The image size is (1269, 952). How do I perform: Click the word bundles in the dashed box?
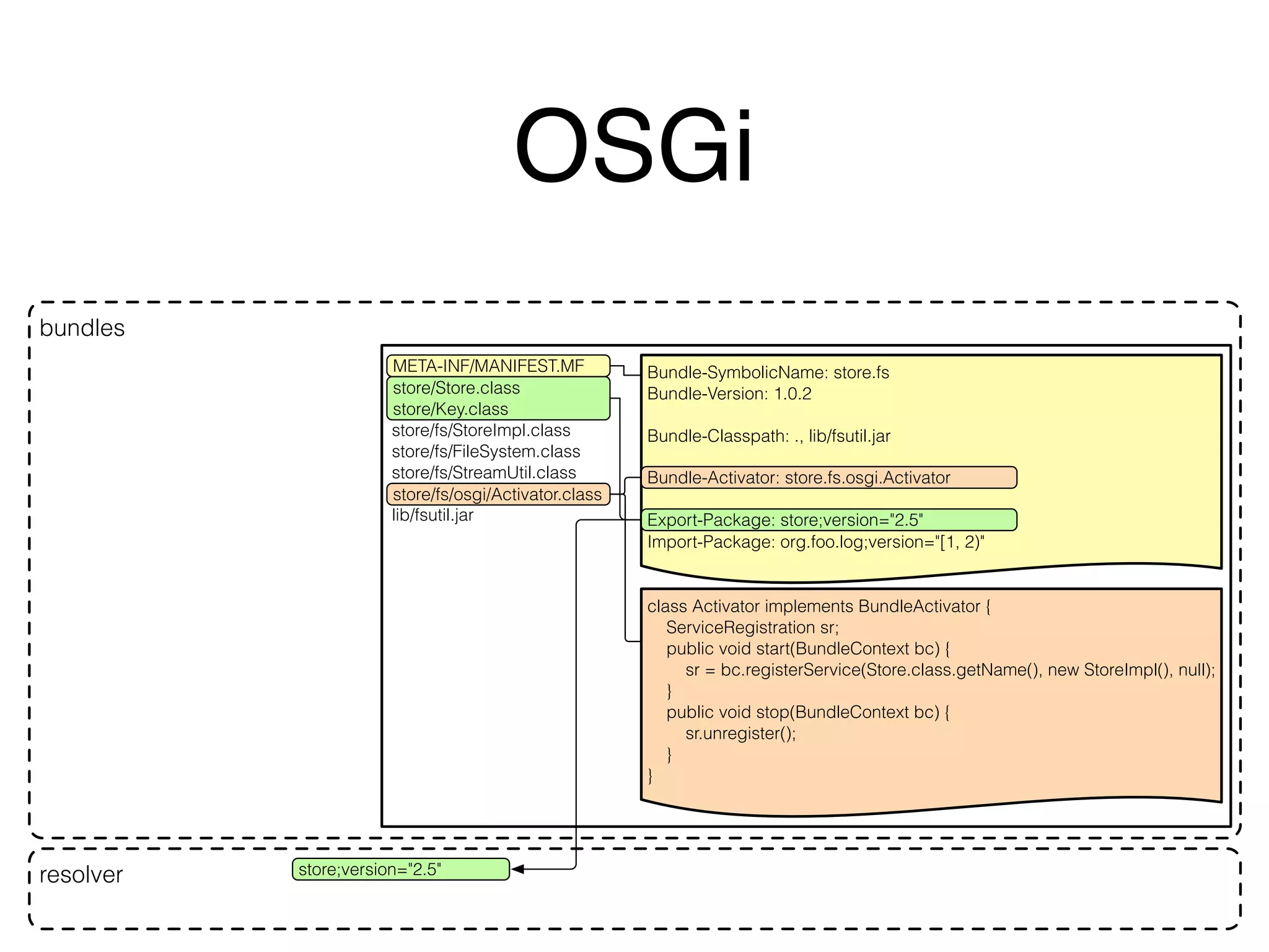pos(82,328)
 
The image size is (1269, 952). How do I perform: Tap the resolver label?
pos(81,875)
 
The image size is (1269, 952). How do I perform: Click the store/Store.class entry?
pos(456,388)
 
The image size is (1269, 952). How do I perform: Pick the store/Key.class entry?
pos(450,409)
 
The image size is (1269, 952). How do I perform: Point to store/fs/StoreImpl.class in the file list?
pos(481,430)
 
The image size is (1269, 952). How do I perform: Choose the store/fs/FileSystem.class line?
pos(486,451)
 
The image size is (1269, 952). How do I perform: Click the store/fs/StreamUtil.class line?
pos(483,472)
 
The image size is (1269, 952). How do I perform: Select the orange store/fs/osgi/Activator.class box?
pos(497,494)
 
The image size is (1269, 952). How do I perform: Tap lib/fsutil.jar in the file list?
pos(433,515)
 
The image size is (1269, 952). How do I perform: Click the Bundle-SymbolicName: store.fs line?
pos(768,372)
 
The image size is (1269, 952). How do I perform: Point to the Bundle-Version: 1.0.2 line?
pos(729,394)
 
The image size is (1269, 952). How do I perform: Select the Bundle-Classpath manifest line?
pos(768,436)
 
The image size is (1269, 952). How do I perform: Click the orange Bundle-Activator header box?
pos(828,478)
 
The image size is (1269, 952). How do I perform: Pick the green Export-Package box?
pos(828,520)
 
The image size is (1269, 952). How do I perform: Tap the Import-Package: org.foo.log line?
pos(815,542)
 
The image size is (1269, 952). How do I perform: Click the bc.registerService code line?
pos(949,670)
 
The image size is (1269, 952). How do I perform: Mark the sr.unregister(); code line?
pos(740,733)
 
